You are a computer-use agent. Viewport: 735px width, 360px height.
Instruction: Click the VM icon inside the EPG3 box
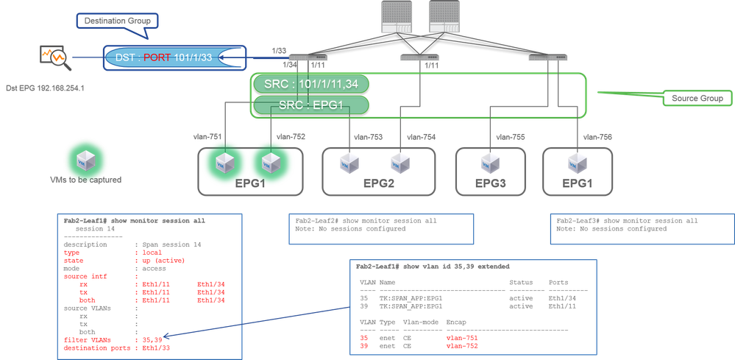tap(489, 161)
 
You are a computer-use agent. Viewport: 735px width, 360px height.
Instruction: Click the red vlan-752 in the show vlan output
tap(462, 345)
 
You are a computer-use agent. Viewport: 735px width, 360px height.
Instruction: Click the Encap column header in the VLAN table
tap(456, 322)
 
